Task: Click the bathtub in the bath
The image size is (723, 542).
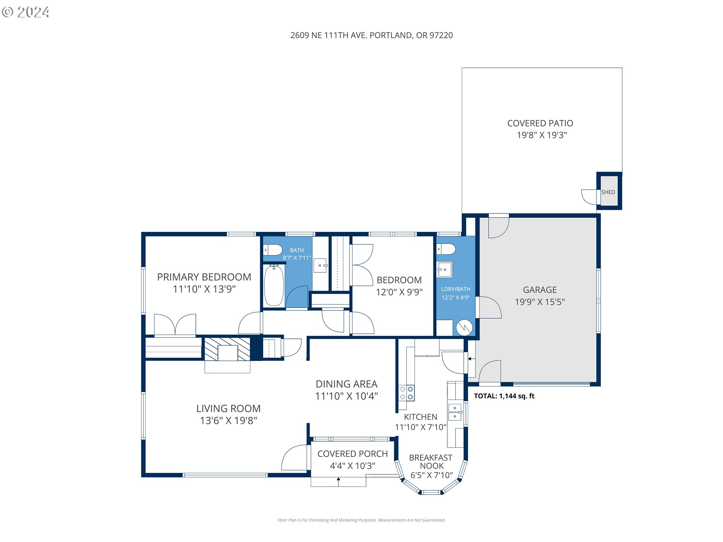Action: (x=274, y=285)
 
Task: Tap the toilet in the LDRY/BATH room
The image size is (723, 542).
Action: (x=446, y=249)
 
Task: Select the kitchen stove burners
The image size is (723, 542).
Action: (x=407, y=393)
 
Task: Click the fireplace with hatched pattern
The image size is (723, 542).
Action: (x=227, y=349)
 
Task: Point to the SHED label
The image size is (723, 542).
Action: (x=608, y=192)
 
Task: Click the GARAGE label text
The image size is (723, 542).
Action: (x=540, y=290)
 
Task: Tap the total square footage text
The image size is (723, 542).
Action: (x=504, y=396)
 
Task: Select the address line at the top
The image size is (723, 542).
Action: (x=371, y=35)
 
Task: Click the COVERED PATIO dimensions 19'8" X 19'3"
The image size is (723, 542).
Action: (x=541, y=135)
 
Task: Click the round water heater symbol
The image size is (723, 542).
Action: (x=464, y=328)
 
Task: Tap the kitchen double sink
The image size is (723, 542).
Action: (x=455, y=412)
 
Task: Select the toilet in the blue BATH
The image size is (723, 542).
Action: (x=273, y=250)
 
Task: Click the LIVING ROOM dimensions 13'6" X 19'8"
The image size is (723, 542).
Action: (x=229, y=420)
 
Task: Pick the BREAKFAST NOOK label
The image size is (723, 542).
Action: (x=431, y=462)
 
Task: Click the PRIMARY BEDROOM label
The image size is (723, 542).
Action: (x=204, y=277)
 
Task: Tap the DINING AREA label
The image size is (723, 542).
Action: (x=346, y=384)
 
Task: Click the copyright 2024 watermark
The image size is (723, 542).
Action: (x=26, y=12)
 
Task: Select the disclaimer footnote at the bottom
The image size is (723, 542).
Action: (x=361, y=520)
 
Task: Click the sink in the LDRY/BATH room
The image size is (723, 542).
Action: (x=444, y=270)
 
